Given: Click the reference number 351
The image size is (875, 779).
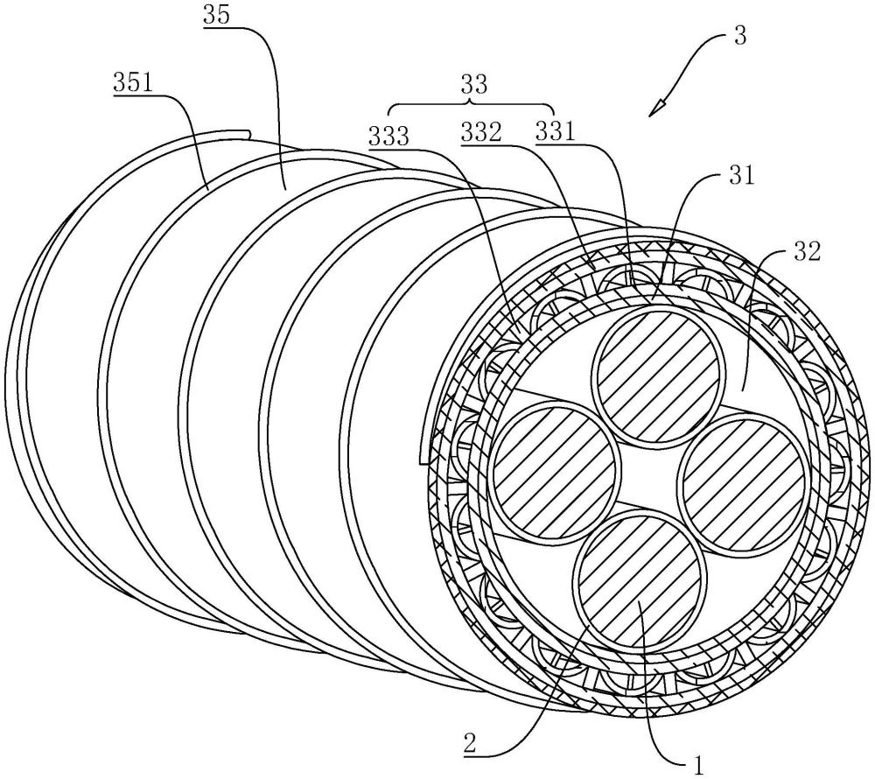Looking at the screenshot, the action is pyautogui.click(x=133, y=83).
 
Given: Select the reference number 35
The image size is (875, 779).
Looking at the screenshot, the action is pyautogui.click(x=216, y=16).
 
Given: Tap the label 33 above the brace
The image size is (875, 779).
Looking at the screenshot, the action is pyautogui.click(x=473, y=85).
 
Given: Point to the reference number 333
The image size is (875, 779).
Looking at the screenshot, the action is pyautogui.click(x=388, y=136).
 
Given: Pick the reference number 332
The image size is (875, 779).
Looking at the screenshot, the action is pyautogui.click(x=481, y=133).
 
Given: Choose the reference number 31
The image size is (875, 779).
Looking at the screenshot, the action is pyautogui.click(x=741, y=176).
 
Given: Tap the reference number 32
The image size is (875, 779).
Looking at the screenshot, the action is pyautogui.click(x=808, y=252).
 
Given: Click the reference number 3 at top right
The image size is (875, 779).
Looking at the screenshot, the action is pyautogui.click(x=740, y=38).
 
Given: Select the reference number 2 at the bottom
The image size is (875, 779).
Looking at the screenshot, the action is pyautogui.click(x=471, y=745).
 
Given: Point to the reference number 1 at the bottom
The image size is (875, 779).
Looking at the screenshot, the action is pyautogui.click(x=698, y=764).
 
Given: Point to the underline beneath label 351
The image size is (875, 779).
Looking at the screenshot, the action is pyautogui.click(x=133, y=95).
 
